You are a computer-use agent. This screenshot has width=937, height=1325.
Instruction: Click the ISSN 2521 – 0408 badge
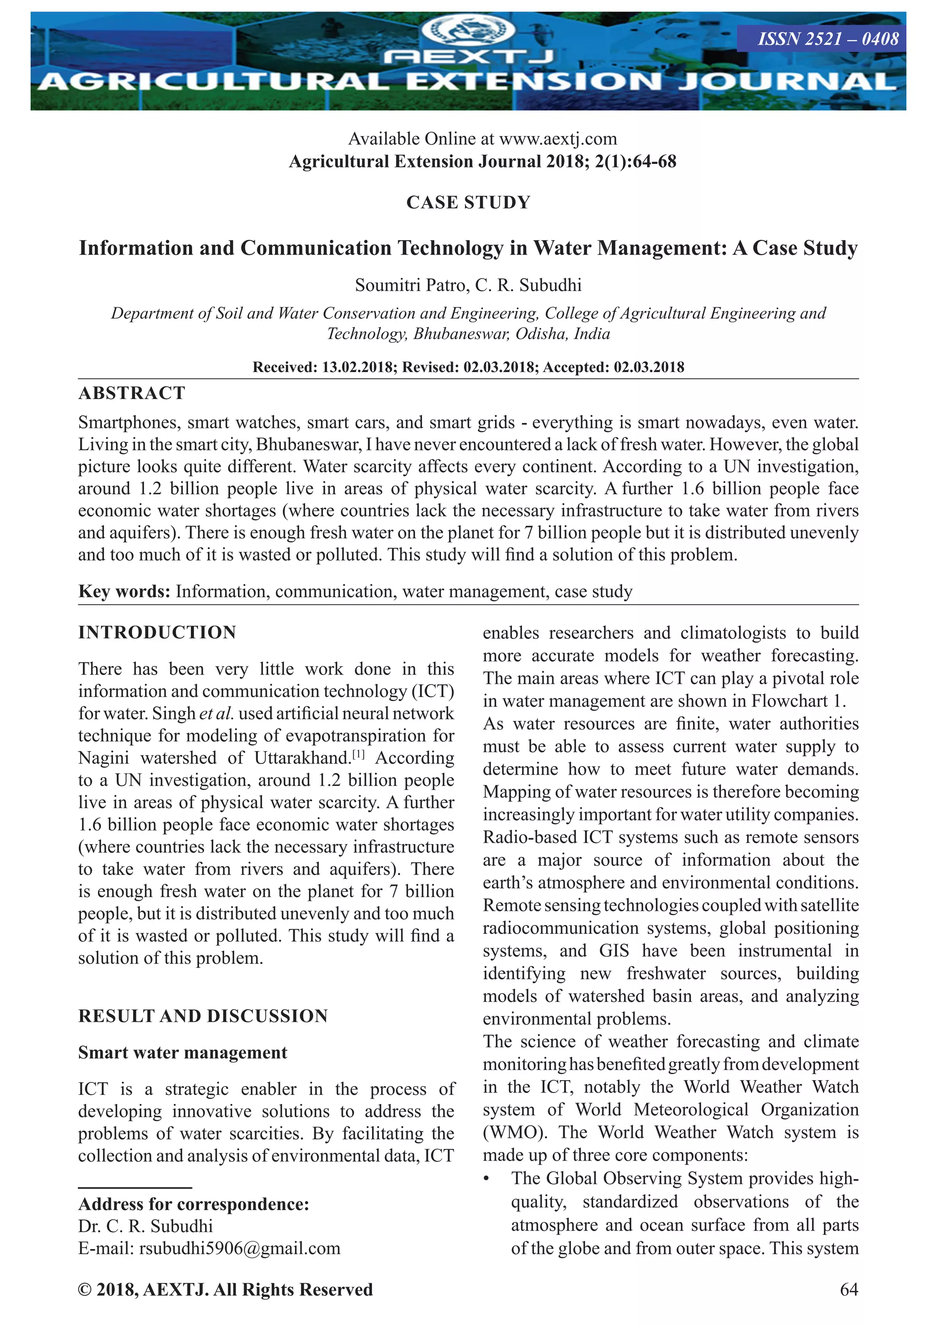click(x=827, y=39)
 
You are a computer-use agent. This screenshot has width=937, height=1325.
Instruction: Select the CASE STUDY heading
click(x=468, y=203)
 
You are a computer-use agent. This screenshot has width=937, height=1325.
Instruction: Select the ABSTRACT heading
click(x=132, y=394)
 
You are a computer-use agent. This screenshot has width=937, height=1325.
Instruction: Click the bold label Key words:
click(x=124, y=591)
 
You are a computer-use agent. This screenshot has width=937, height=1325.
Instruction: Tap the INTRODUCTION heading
click(x=157, y=633)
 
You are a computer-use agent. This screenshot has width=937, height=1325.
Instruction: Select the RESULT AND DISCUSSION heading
click(x=203, y=1016)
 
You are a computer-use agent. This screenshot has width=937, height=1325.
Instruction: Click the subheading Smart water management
click(x=183, y=1053)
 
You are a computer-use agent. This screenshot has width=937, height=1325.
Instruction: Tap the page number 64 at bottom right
click(x=849, y=1290)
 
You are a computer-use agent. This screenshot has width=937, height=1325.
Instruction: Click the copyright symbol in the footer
click(x=85, y=1290)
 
